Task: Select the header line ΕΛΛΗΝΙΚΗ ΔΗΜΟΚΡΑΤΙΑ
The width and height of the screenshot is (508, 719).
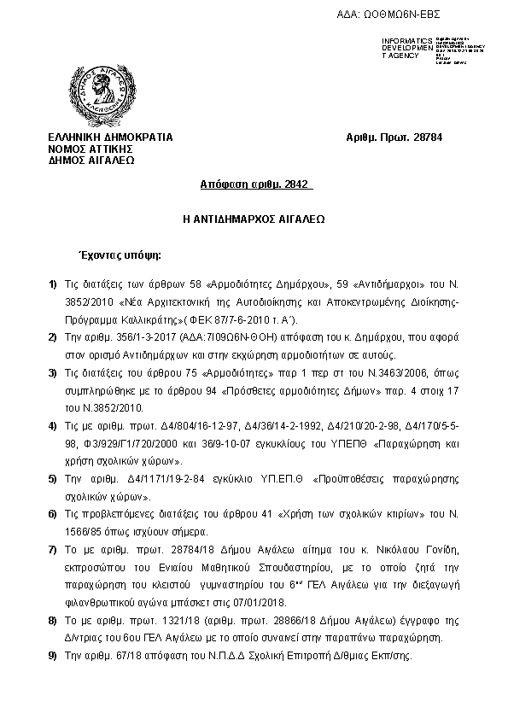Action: click(110, 137)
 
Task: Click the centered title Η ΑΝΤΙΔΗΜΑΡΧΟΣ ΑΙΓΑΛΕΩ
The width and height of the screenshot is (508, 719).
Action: click(254, 219)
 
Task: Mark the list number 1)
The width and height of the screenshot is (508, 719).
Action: click(53, 284)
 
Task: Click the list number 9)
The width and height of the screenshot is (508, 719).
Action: click(53, 656)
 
